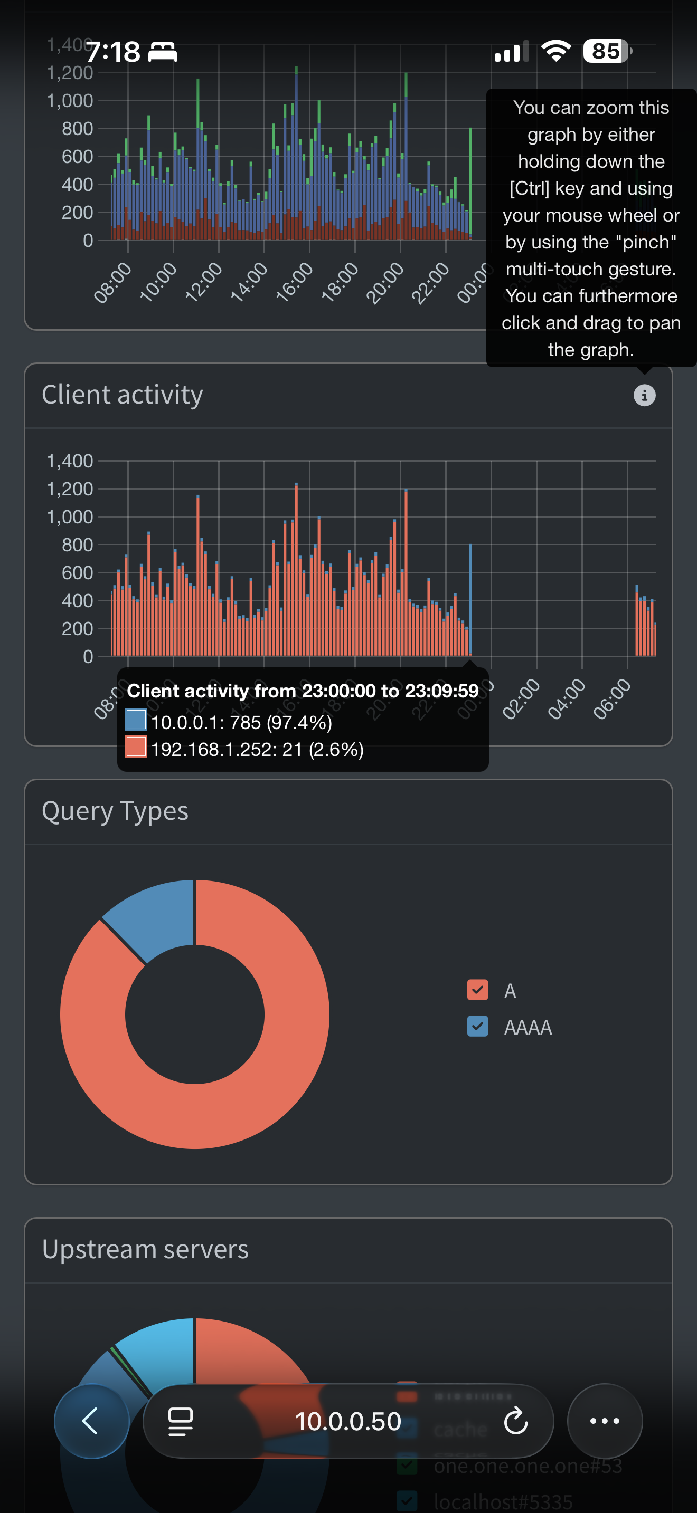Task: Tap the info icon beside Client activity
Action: (644, 395)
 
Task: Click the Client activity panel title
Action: (123, 395)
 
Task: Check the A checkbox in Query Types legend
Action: (477, 990)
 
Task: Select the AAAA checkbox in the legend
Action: (477, 1026)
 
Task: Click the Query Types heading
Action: (115, 811)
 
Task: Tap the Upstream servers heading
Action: (145, 1249)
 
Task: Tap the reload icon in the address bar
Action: (515, 1421)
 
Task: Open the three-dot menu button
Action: (604, 1421)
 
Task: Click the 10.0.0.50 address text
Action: (348, 1421)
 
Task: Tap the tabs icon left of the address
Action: (181, 1421)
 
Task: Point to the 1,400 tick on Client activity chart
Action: (70, 461)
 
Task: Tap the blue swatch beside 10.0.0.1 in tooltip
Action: (136, 720)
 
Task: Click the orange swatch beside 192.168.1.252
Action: (136, 747)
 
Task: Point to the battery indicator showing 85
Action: (606, 51)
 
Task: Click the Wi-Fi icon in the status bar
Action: (555, 51)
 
